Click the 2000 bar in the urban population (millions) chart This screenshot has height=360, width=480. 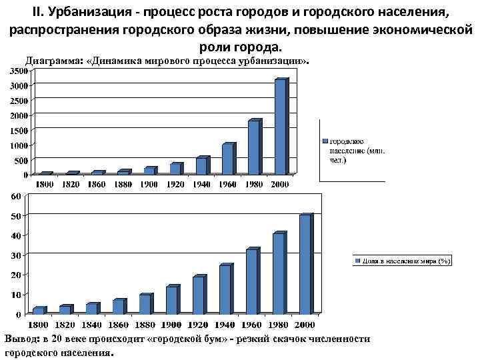point(280,127)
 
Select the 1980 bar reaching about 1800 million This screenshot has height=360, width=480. point(253,147)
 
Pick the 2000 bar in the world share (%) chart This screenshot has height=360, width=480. point(305,264)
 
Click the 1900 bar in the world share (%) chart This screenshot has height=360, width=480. point(171,300)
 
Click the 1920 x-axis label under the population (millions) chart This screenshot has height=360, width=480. point(175,184)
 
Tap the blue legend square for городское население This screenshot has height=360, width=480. point(326,141)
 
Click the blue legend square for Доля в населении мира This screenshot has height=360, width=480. point(358,261)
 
